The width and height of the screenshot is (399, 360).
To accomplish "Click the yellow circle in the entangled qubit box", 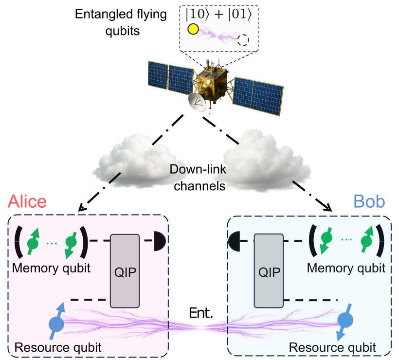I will click(192, 30).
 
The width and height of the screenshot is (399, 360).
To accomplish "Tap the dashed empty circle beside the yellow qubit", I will click(243, 40).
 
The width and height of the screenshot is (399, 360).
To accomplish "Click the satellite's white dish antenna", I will click(199, 101).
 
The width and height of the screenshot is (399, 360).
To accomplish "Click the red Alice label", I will click(27, 201).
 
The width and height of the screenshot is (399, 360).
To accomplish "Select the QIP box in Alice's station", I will click(126, 270).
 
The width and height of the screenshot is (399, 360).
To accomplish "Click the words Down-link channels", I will click(198, 178).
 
